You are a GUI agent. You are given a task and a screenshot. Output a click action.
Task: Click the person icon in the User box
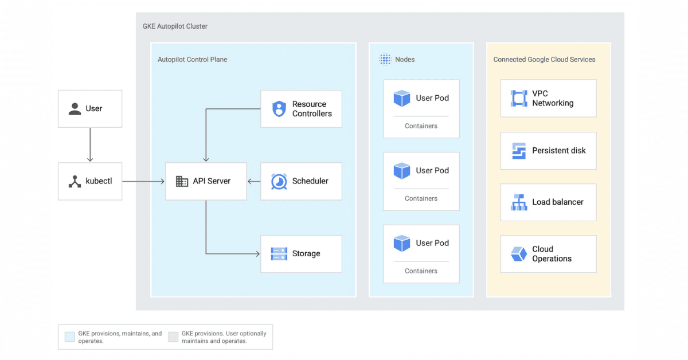pos(75,109)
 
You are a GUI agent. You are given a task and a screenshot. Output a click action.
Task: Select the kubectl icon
pos(75,181)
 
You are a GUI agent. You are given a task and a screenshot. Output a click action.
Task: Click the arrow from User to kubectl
pos(90,144)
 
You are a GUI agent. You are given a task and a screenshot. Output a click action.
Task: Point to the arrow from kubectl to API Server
pos(143,181)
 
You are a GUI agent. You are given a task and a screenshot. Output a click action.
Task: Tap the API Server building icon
pos(182,181)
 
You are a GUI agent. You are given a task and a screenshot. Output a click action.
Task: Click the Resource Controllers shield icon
pos(279,109)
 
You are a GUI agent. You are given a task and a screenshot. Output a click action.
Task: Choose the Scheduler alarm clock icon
pos(279,181)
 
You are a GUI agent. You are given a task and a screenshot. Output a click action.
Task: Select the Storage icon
pos(279,253)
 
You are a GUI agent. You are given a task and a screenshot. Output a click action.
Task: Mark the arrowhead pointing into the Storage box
pos(257,253)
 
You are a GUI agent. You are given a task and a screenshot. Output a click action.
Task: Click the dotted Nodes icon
pos(385,59)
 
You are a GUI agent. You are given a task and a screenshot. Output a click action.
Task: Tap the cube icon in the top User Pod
pos(402,98)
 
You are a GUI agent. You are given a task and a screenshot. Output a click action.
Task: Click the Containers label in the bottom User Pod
pos(421,271)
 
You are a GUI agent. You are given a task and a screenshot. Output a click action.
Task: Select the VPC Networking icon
pos(519,98)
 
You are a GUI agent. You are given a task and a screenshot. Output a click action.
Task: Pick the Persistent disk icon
pos(519,151)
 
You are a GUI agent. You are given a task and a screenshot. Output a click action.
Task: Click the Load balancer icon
pos(519,202)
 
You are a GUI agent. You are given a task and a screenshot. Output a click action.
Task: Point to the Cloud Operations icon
pos(519,253)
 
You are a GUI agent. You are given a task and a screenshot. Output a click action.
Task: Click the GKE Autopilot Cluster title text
pos(175,26)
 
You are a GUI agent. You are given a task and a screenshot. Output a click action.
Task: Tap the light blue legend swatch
pos(70,337)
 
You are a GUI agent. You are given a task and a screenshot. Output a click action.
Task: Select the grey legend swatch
pos(173,337)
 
